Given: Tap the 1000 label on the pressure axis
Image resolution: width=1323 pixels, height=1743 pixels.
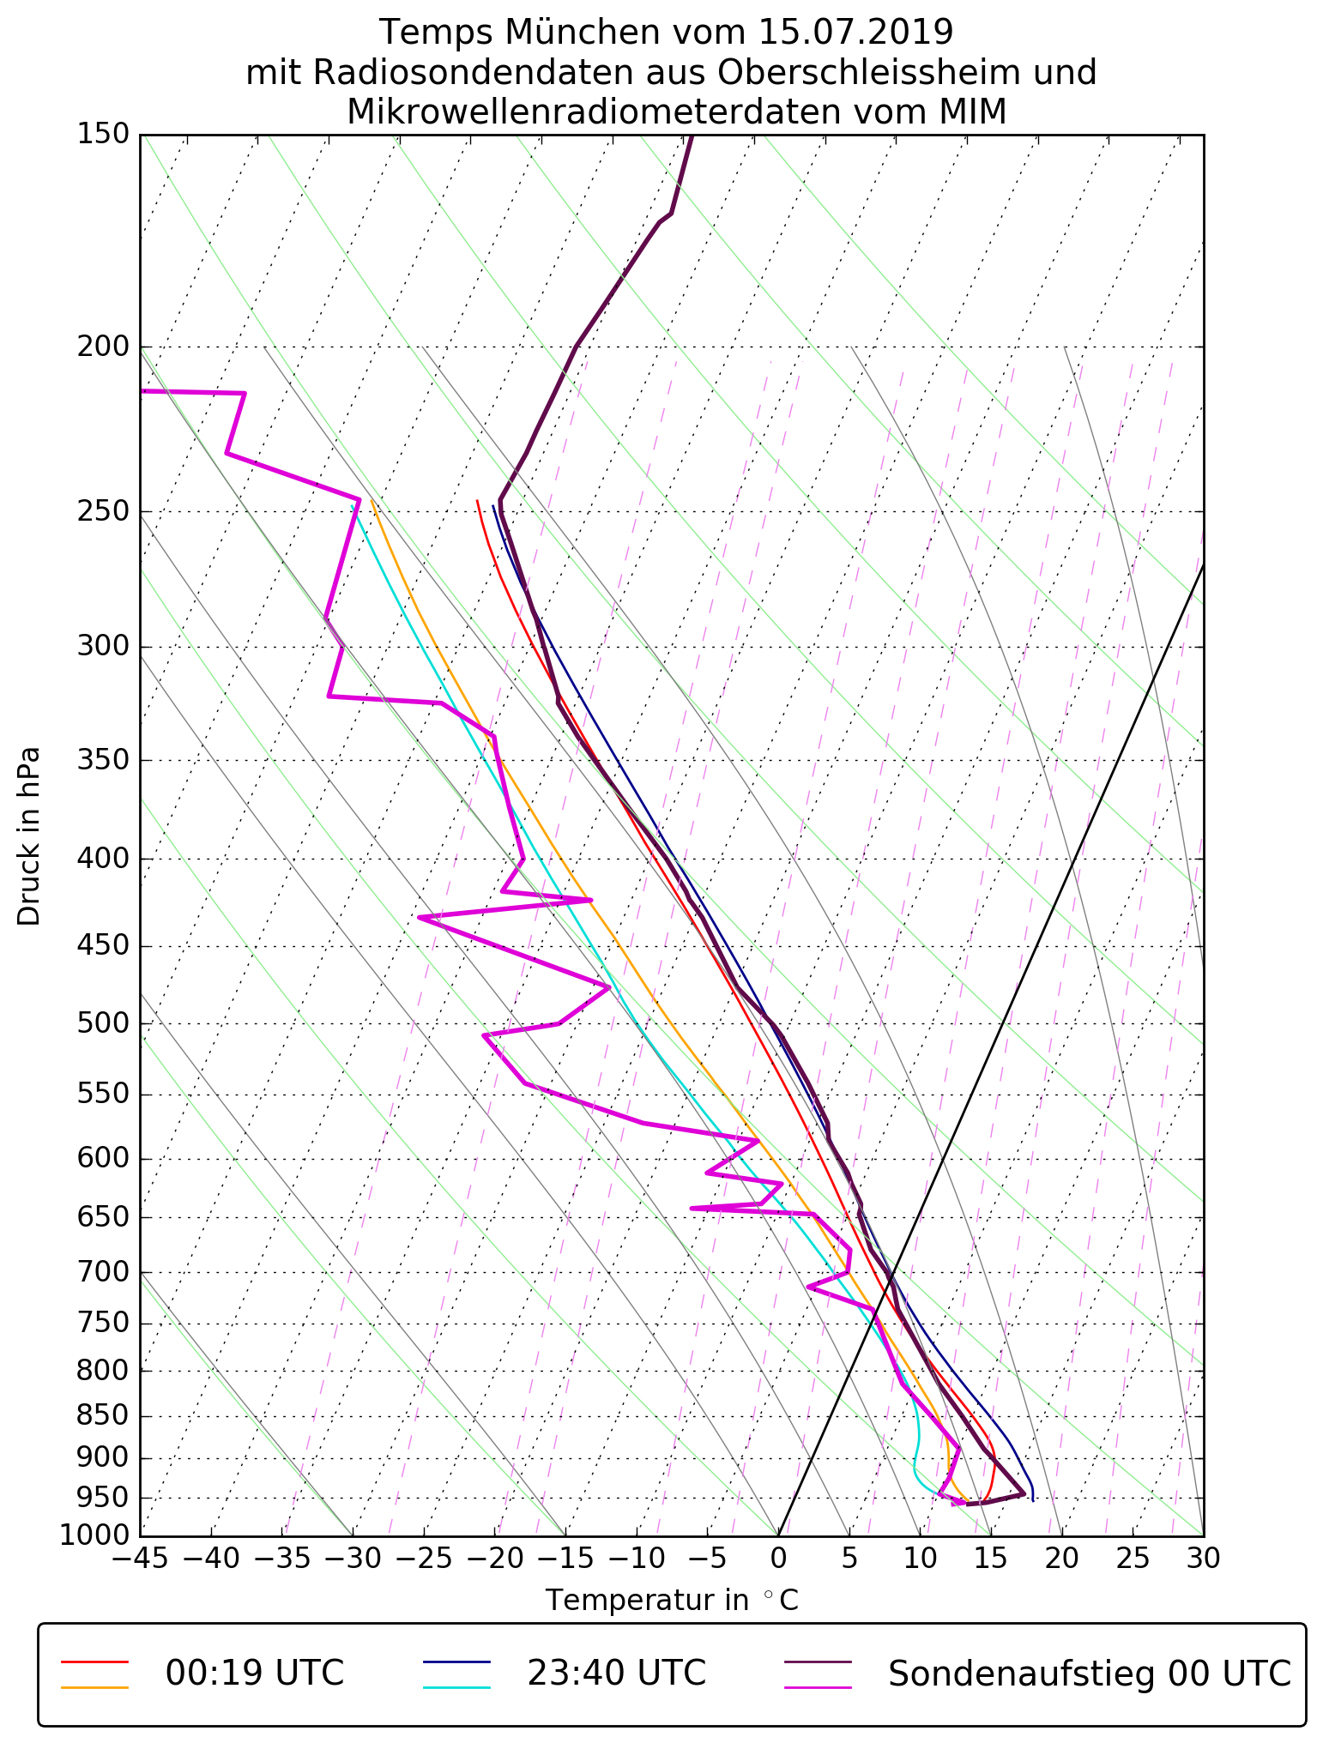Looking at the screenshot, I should coord(94,1535).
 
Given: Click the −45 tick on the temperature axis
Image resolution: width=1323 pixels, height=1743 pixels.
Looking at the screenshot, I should coord(141,1559).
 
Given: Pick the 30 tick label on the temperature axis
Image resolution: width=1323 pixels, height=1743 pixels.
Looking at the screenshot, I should coord(1203,1559).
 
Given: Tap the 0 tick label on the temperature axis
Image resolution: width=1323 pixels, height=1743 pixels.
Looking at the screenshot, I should coord(778,1559).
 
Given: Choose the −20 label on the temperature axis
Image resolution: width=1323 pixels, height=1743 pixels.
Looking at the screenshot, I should coord(494,1559).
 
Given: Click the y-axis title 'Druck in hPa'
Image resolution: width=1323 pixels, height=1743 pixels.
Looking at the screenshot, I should coord(29,836).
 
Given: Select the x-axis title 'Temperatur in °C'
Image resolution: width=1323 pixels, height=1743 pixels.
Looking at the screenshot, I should coord(672,1601).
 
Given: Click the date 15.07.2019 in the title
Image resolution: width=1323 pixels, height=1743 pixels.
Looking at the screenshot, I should coord(855,33).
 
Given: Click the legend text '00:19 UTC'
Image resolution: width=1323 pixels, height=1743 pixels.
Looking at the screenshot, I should coord(255,1673).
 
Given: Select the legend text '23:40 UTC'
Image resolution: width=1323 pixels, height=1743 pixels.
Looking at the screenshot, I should coord(616,1673).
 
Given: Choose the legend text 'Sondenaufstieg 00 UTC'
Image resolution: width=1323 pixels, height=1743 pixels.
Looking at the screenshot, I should coord(1089,1673).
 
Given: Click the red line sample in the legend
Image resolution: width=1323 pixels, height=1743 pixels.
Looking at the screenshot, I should coord(94,1661).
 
